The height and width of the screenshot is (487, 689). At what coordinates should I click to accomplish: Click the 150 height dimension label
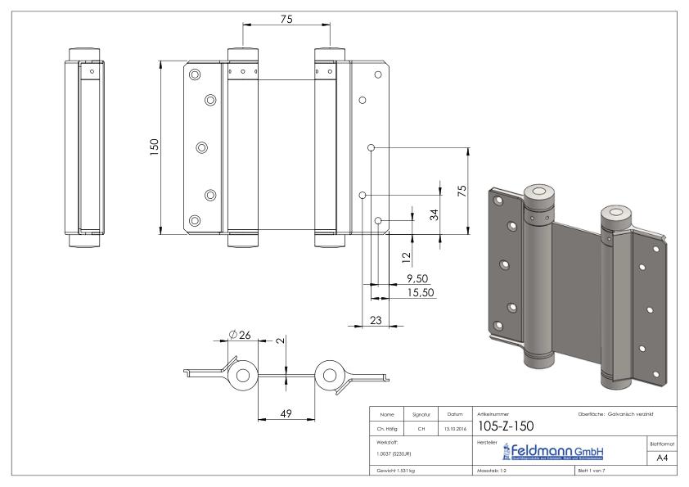coord(154,147)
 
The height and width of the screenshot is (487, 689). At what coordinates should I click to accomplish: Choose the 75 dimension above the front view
coord(286,19)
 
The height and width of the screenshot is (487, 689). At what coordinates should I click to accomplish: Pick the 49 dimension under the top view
coord(286,415)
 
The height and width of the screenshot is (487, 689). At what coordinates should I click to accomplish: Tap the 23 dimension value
coord(376,320)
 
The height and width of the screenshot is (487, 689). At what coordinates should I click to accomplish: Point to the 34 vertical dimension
coord(435,214)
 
